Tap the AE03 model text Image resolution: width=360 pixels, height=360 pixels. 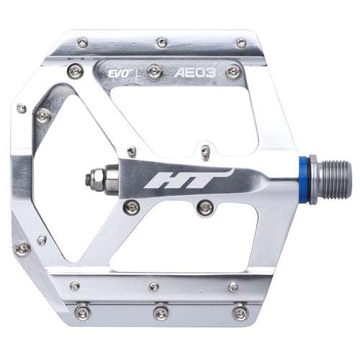[x=197, y=73]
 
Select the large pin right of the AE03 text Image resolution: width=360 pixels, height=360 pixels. [x=232, y=72]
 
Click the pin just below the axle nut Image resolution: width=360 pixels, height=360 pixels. [x=131, y=208]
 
